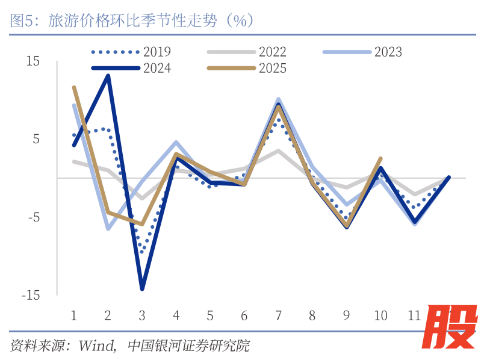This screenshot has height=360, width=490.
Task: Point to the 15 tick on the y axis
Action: [33, 61]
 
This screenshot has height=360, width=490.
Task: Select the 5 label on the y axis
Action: [36, 139]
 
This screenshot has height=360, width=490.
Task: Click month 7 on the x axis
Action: [279, 315]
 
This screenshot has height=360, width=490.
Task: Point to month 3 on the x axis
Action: [142, 315]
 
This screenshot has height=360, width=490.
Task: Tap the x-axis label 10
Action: [380, 315]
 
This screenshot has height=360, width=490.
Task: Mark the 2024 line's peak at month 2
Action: [108, 76]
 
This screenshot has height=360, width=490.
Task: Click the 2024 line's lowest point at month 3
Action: [142, 289]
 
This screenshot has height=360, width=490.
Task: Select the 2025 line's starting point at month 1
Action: [73, 87]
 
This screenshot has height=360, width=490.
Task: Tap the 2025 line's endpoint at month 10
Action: [381, 158]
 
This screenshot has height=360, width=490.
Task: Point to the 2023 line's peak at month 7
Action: [279, 99]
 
